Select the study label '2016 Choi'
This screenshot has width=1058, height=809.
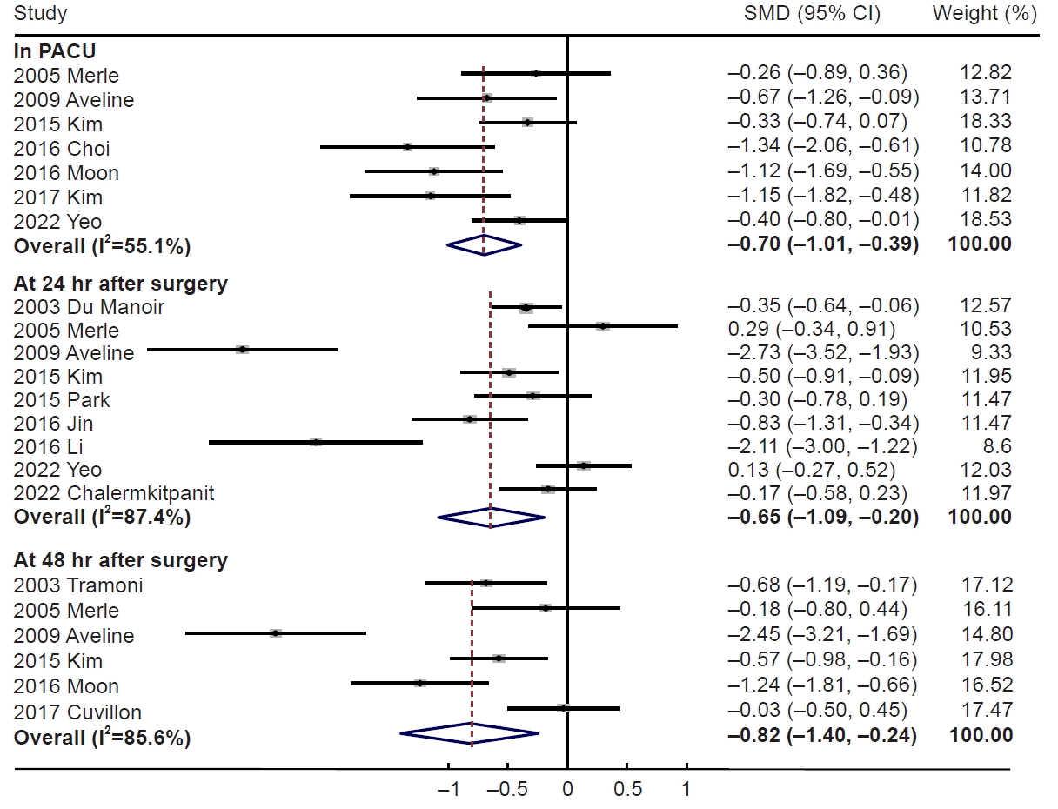[62, 149]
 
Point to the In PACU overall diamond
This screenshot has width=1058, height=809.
[484, 246]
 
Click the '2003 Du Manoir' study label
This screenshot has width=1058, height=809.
[89, 307]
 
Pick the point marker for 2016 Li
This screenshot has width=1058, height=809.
[316, 443]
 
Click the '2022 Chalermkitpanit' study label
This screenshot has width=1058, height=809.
[114, 493]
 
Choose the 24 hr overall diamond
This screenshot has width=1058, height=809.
[491, 517]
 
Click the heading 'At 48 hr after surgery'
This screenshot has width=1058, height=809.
[120, 560]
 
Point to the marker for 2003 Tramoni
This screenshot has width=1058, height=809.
[486, 583]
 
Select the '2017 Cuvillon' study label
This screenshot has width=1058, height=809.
[77, 712]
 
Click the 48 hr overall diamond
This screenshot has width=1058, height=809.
[470, 734]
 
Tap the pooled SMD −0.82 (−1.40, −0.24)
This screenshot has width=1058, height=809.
[822, 735]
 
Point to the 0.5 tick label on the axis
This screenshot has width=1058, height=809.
[627, 790]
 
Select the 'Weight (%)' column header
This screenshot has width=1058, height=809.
[984, 14]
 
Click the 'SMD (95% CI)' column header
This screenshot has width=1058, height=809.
[812, 14]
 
